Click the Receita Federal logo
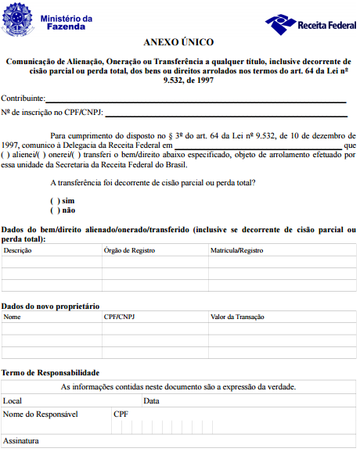pyautogui.click(x=311, y=23)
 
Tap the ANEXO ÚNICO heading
pyautogui.click(x=178, y=41)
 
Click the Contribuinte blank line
pyautogui.click(x=196, y=99)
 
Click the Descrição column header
pyautogui.click(x=18, y=251)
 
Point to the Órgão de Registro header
pyautogui.click(x=129, y=251)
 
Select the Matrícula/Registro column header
pyautogui.click(x=236, y=251)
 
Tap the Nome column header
pyautogui.click(x=12, y=317)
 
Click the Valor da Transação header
pyautogui.click(x=239, y=317)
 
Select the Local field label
pyautogui.click(x=13, y=400)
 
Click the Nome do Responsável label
pyautogui.click(x=41, y=414)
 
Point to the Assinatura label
pyautogui.click(x=22, y=441)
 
